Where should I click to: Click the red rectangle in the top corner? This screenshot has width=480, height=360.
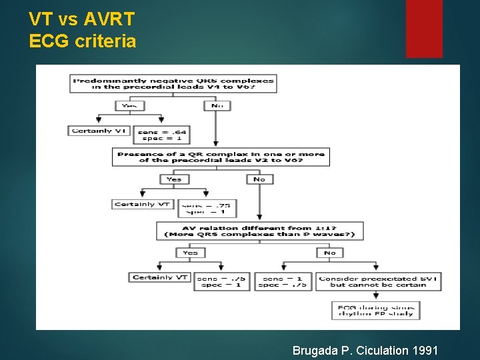click(424, 28)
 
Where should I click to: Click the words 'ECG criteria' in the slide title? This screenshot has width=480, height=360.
click(83, 41)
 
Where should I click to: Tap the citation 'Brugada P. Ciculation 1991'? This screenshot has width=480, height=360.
click(365, 350)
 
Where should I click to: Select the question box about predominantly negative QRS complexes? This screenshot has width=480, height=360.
click(173, 83)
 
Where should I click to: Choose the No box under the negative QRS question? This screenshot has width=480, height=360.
click(216, 105)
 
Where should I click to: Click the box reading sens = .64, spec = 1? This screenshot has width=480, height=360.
click(161, 135)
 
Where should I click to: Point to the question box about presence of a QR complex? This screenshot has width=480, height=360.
click(221, 157)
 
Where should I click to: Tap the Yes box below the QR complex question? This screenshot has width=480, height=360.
click(175, 179)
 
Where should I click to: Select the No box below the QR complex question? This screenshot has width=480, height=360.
click(259, 179)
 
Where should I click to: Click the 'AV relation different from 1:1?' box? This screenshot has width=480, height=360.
click(259, 231)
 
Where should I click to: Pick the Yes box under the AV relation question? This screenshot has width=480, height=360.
click(190, 253)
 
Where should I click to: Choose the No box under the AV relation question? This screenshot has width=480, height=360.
click(329, 253)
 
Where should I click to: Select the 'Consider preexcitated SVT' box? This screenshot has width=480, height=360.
click(378, 282)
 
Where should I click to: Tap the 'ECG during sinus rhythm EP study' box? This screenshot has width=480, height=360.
click(375, 310)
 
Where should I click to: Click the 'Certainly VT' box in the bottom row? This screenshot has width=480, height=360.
click(160, 277)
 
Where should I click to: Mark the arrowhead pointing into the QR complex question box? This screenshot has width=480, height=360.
click(215, 143)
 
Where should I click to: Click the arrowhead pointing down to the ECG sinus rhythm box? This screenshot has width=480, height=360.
click(375, 297)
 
